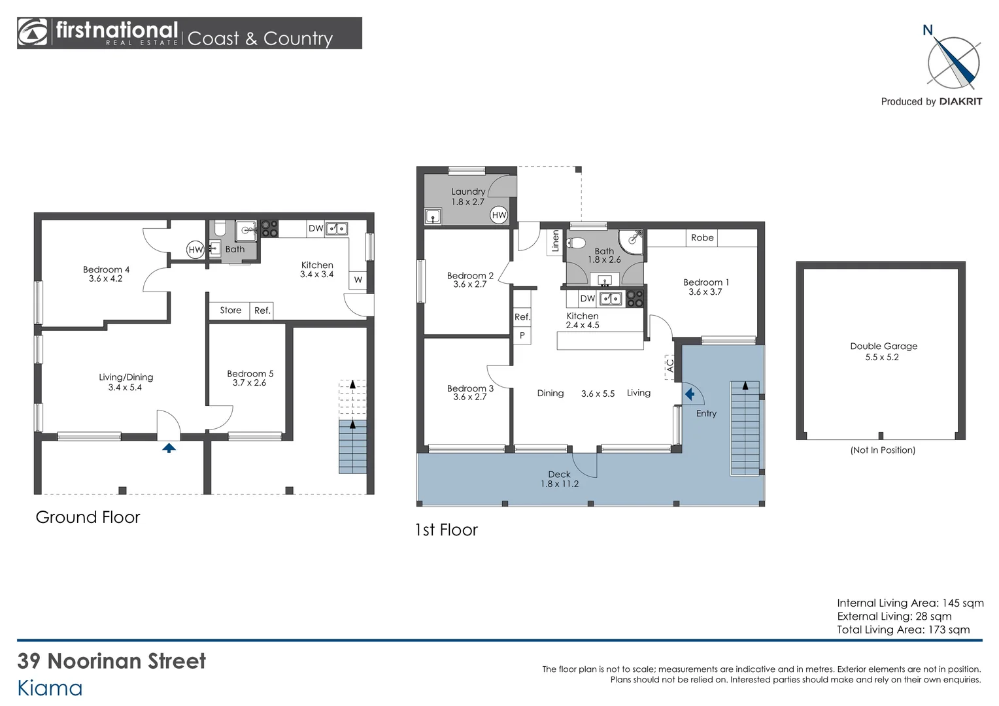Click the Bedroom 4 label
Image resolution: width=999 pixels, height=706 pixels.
coord(106,269)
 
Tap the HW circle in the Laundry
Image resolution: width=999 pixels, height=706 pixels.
coord(499,215)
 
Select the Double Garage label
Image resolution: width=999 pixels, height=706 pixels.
coord(883,346)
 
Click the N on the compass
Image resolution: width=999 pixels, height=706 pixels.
coord(928,30)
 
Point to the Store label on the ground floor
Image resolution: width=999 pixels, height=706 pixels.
coord(231,310)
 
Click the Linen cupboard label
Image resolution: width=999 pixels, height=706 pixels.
coord(555,241)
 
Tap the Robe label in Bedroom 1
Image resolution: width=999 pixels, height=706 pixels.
coord(702,238)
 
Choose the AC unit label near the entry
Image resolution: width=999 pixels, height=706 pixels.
coord(670,367)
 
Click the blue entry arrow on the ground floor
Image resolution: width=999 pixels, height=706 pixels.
coord(169,448)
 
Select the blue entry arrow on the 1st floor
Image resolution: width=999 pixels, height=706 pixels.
coord(690,394)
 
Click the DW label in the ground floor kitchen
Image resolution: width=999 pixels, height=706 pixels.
coord(316,228)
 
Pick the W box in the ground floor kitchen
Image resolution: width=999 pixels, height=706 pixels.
coord(358,280)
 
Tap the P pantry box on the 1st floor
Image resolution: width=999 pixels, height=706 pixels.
coord(522,335)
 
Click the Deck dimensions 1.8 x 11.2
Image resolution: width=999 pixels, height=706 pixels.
coord(560,484)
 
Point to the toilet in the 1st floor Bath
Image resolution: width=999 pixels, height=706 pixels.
coord(576,243)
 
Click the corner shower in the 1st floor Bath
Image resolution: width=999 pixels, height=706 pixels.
coord(631,242)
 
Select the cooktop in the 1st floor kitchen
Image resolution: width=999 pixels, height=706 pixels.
coord(635,298)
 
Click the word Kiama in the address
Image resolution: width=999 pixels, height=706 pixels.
coord(50,688)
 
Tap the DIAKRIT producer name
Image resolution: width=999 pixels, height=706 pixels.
coord(960,102)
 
